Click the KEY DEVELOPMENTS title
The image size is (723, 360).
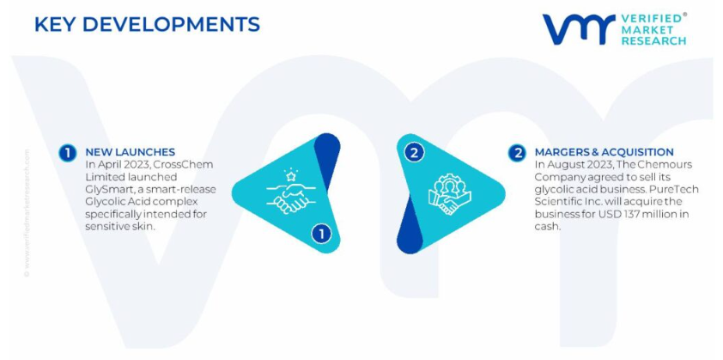tap(147, 24)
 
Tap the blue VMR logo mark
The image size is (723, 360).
tap(579, 29)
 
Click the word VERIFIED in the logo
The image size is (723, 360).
tap(651, 18)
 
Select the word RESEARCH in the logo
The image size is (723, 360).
tap(653, 40)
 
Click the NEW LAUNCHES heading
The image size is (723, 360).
tap(131, 152)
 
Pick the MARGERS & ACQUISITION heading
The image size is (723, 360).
tap(604, 152)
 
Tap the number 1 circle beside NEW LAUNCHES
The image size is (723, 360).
tap(68, 153)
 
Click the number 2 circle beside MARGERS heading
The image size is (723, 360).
tap(517, 153)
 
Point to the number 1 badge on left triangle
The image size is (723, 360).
tap(321, 234)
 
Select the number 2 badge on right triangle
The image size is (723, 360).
tap(414, 153)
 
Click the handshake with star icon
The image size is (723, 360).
tap(289, 191)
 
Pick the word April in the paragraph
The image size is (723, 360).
tap(107, 165)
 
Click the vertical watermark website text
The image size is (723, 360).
tap(27, 213)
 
